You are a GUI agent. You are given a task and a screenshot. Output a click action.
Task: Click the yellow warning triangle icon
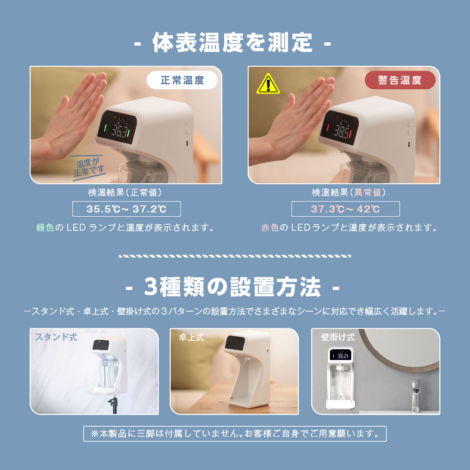pos(268,84)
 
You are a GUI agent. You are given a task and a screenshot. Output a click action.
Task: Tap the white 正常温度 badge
pos(182,80)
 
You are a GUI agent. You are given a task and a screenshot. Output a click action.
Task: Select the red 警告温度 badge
pos(400,80)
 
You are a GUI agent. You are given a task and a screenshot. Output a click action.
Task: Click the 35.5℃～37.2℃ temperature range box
pos(126,209)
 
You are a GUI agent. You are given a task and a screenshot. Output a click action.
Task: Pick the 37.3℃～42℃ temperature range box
pos(345,209)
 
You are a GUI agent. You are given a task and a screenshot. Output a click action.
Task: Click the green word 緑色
pos(45,227)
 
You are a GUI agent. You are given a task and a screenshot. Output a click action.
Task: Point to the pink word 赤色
pos(270,227)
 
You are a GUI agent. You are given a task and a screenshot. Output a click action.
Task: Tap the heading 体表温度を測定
pos(233,43)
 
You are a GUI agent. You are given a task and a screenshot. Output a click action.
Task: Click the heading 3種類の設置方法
pos(233,287)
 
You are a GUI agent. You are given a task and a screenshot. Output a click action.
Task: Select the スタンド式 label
pos(56,337)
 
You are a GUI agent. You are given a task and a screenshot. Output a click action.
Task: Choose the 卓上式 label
pos(191,337)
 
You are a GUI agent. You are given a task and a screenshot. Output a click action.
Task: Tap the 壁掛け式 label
pos(338,337)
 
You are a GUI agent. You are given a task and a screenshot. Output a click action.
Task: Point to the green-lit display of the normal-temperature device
pos(117,127)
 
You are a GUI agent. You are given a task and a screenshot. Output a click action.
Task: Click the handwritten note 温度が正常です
pos(89,168)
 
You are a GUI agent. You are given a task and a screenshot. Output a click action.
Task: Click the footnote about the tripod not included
pos(235,434)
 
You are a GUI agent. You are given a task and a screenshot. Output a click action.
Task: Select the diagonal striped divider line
pos(235,256)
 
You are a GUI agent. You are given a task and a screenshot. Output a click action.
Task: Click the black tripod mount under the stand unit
pos(113,404)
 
